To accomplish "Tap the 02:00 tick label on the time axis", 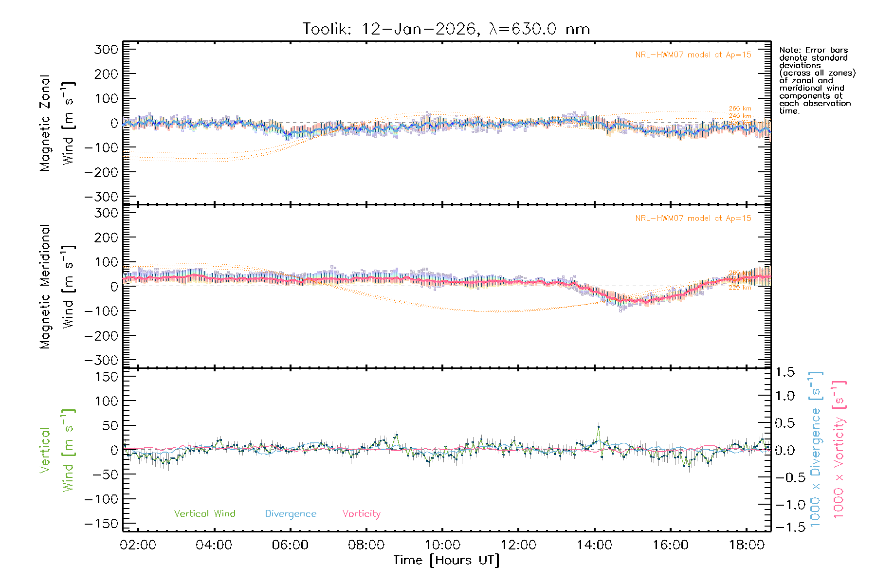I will point(138,545).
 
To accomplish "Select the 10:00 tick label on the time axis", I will point(442,545).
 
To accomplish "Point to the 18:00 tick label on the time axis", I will point(747,545).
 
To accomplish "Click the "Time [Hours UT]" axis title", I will point(446,561).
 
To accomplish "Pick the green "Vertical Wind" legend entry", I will point(204,514).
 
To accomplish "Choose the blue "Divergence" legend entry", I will point(291,514).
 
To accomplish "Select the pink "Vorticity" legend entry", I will point(361,514).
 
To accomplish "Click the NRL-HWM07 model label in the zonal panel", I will point(693,55).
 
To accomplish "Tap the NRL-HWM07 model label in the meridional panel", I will point(693,219).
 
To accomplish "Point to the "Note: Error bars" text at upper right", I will point(814,50).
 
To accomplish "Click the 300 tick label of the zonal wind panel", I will point(107,49).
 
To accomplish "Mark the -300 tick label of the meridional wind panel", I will point(102,361).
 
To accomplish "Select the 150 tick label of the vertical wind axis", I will point(107,377).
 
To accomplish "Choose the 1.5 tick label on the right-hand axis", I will point(785,372).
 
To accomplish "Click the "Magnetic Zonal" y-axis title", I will point(45,123).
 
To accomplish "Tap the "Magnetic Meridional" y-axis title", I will point(45,287).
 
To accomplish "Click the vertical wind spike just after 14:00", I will point(599,427).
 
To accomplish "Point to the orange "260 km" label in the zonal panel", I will point(740,109).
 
